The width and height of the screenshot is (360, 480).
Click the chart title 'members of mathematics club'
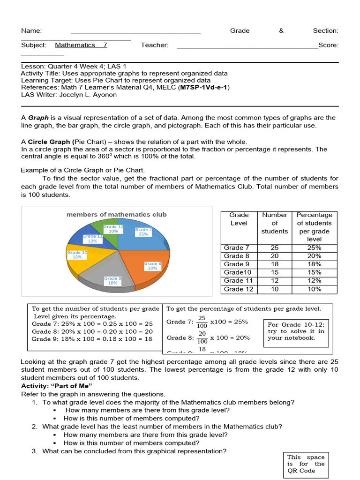click(116, 215)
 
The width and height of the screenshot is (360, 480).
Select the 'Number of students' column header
click(275, 223)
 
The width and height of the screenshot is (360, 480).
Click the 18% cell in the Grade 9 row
click(314, 264)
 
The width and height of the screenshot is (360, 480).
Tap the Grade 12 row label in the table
click(239, 289)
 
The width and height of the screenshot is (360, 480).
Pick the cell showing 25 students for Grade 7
click(275, 248)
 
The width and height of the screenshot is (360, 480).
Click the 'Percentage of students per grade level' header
click(314, 227)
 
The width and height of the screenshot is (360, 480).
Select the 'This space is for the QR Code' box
click(306, 464)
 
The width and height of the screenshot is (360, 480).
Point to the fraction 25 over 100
click(202, 322)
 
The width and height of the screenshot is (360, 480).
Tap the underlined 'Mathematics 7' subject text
click(81, 45)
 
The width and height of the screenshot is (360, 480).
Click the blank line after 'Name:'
click(136, 31)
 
